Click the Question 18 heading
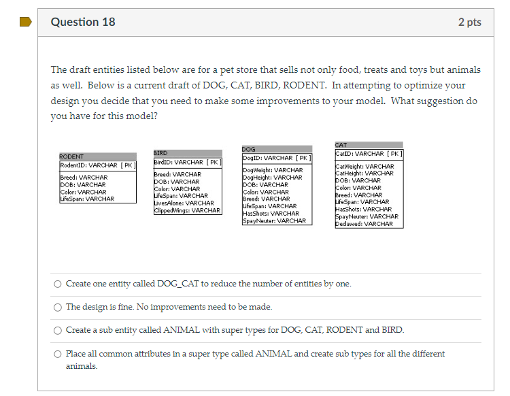click(83, 22)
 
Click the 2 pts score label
click(469, 22)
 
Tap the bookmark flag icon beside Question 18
click(26, 22)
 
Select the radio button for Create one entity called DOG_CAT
click(58, 284)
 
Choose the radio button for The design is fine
click(58, 307)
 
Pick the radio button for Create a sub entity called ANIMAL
click(58, 330)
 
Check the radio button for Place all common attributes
click(58, 354)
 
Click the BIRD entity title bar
click(188, 153)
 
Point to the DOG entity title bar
click(277, 149)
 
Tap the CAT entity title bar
click(369, 145)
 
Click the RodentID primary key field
click(97, 165)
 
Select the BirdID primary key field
click(188, 162)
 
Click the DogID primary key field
click(277, 158)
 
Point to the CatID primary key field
click(369, 154)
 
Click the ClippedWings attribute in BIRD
click(188, 210)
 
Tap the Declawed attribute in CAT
click(364, 224)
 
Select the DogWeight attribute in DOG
click(273, 170)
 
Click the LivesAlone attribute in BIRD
click(184, 203)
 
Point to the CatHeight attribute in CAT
click(364, 173)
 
